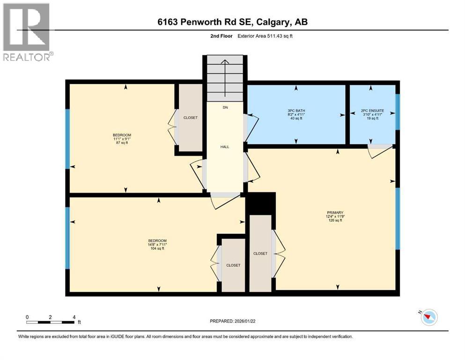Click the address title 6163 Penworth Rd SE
(232, 22)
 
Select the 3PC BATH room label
(296, 114)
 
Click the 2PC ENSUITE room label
(373, 114)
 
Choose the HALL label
(225, 147)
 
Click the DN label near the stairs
(225, 107)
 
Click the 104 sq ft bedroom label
(157, 245)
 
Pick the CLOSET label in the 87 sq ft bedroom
(190, 118)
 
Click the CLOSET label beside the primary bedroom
(260, 254)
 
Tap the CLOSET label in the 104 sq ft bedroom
(233, 265)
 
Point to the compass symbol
(428, 317)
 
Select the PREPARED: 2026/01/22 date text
(232, 321)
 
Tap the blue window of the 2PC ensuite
(398, 112)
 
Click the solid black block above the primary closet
(260, 203)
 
